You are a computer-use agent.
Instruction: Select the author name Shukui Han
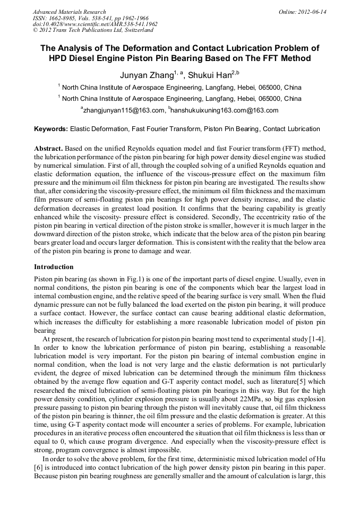pos(211,75)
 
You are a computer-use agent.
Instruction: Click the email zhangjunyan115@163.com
pos(124,110)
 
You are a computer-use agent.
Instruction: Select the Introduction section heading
pos(54,266)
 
